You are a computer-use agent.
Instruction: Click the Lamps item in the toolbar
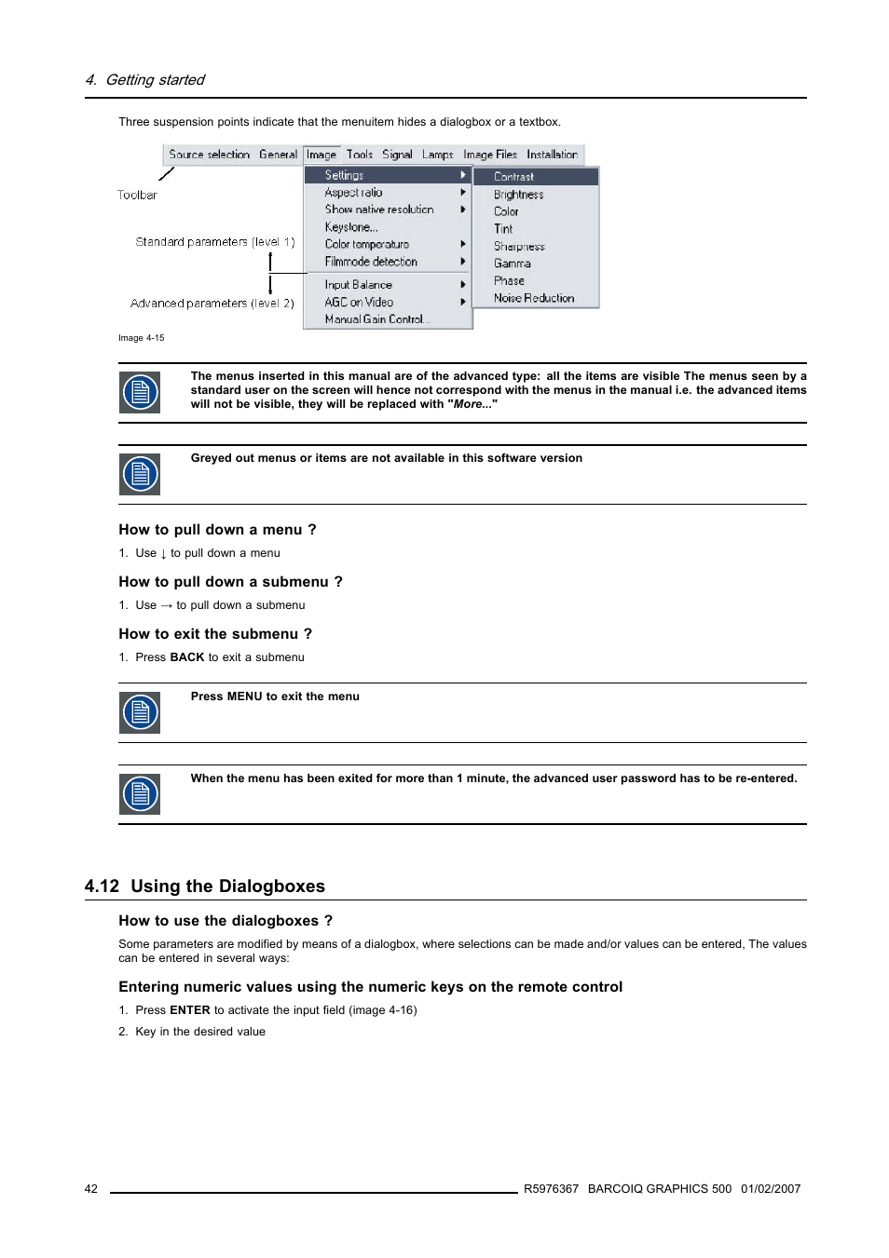(437, 155)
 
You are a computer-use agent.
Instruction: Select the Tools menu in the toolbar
(359, 155)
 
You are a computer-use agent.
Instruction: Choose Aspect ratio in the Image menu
(353, 193)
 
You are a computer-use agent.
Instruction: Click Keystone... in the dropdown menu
(350, 227)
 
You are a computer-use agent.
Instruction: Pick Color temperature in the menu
(366, 245)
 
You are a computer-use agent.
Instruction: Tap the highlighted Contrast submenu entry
(513, 177)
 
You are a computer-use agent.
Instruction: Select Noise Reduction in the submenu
(533, 298)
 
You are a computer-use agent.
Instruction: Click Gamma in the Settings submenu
(512, 264)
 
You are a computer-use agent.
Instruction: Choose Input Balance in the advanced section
(358, 285)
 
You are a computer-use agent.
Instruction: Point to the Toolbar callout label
(137, 196)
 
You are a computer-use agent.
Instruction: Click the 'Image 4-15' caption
(141, 338)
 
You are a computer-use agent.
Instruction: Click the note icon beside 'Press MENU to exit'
(140, 712)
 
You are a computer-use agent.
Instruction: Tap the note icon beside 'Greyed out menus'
(140, 474)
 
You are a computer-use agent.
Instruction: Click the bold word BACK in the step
(186, 657)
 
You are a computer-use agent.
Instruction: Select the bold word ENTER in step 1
(189, 1010)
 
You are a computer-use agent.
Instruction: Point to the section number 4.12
(102, 886)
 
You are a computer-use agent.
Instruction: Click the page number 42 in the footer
(91, 1189)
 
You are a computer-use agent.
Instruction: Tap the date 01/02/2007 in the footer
(771, 1189)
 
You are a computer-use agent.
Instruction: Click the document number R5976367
(551, 1189)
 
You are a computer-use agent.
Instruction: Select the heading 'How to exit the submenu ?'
(215, 634)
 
